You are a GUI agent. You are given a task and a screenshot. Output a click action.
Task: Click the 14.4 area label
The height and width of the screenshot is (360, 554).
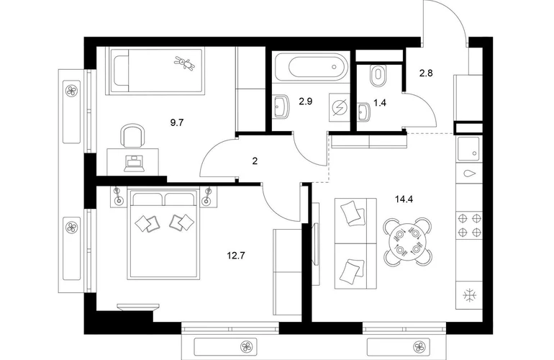pyautogui.click(x=404, y=199)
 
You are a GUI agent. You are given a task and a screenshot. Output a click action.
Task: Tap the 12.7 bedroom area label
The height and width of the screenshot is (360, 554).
pyautogui.click(x=236, y=255)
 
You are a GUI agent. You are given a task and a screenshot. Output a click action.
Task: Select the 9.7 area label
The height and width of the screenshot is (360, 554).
pyautogui.click(x=177, y=122)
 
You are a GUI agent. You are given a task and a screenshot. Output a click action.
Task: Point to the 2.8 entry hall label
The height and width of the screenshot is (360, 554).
pyautogui.click(x=426, y=73)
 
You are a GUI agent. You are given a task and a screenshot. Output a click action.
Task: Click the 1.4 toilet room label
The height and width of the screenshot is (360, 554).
pyautogui.click(x=380, y=103)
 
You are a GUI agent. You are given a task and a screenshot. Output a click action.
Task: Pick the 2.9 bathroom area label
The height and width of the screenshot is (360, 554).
pyautogui.click(x=306, y=102)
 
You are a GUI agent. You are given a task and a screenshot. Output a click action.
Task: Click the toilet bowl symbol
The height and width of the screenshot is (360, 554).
pyautogui.click(x=378, y=76)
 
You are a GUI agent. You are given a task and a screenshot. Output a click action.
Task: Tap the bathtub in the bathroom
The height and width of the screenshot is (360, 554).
pyautogui.click(x=311, y=66)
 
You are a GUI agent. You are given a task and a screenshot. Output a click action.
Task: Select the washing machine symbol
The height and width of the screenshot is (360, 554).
pyautogui.click(x=340, y=107)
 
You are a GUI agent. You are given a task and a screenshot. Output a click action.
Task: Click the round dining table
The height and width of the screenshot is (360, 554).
pyautogui.click(x=408, y=241)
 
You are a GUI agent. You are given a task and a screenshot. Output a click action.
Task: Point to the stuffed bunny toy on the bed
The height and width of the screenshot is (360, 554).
pyautogui.click(x=184, y=63)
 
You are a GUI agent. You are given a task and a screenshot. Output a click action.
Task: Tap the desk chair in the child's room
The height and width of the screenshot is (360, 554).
pyautogui.click(x=132, y=135)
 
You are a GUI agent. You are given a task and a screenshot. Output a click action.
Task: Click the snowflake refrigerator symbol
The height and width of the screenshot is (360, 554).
pyautogui.click(x=470, y=295)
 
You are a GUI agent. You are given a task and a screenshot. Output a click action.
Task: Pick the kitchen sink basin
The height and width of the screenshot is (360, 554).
pyautogui.click(x=469, y=147)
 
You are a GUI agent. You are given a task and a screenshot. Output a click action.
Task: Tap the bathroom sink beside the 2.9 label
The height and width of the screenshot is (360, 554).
pyautogui.click(x=281, y=106)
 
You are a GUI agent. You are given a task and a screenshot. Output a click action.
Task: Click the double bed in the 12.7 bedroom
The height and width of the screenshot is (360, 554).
pyautogui.click(x=164, y=234)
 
